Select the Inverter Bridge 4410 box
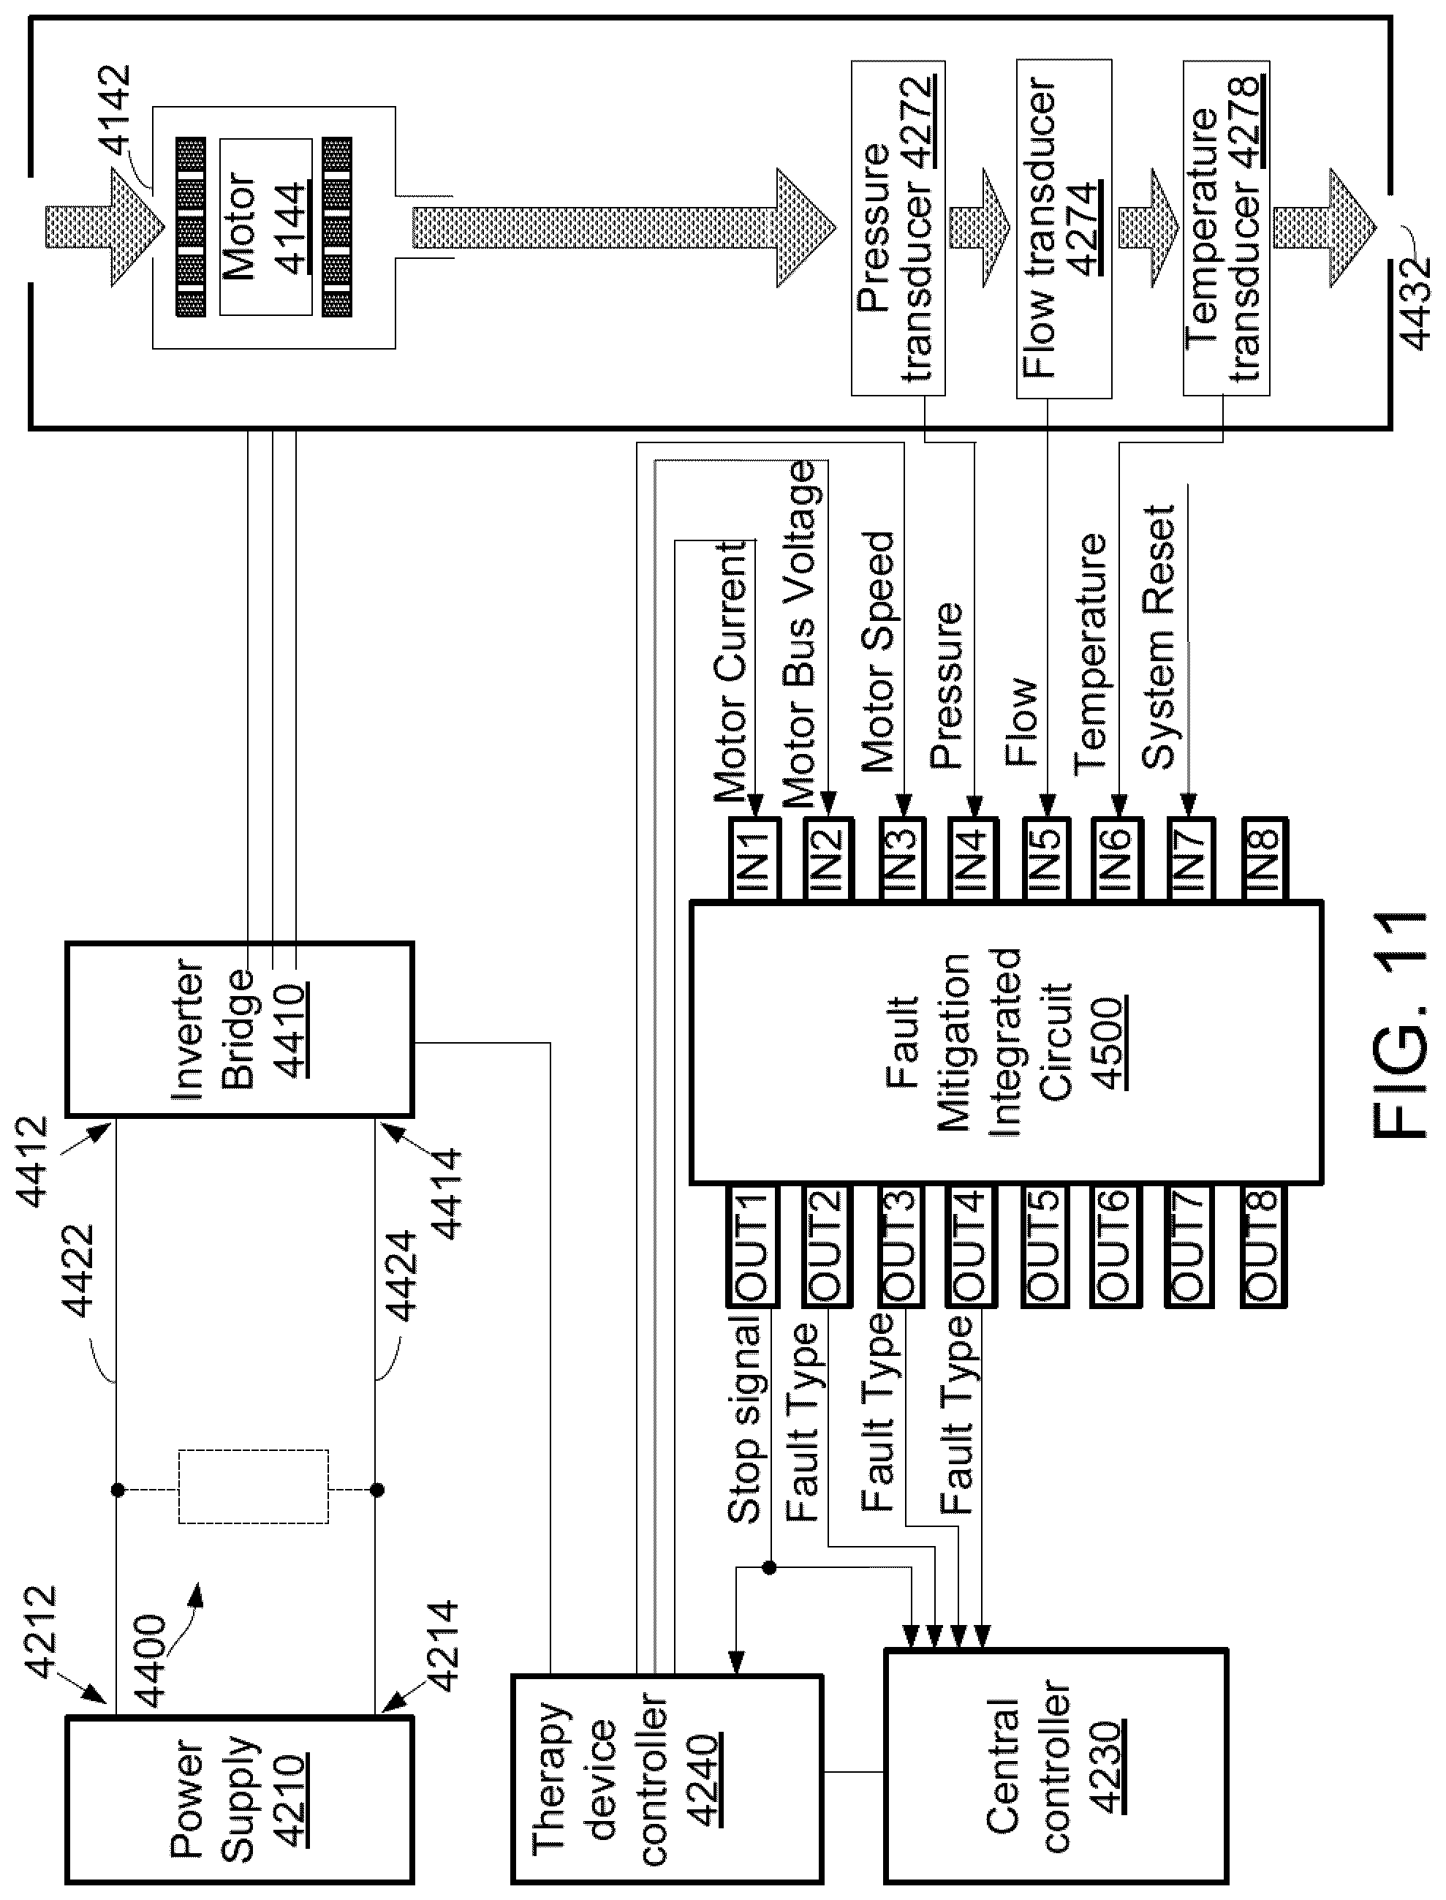tap(239, 1029)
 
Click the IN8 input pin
tap(1263, 859)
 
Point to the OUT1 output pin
tap(752, 1244)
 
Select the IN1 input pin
tap(754, 859)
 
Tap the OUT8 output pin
tap(1263, 1244)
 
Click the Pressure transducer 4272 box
tap(898, 228)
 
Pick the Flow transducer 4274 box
tap(1064, 228)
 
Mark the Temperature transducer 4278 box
tap(1226, 228)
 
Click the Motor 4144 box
tap(265, 227)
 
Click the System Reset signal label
tap(1159, 637)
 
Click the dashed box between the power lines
tap(253, 1487)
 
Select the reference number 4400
tap(150, 1662)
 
